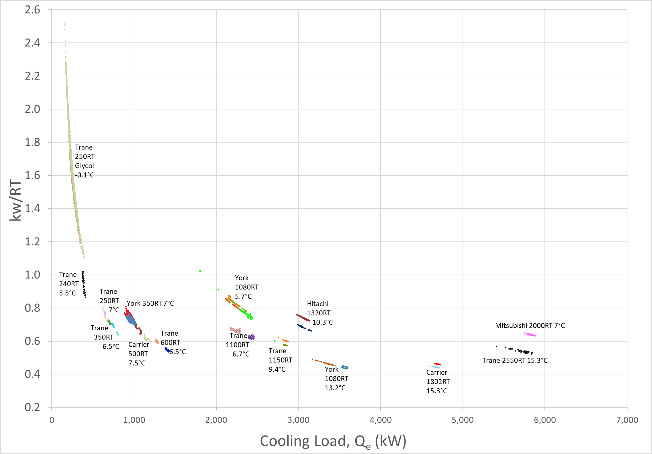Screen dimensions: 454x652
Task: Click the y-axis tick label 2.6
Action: (32, 10)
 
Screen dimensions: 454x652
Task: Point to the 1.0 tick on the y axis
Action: (32, 275)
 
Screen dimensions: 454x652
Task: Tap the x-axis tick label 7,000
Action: (627, 420)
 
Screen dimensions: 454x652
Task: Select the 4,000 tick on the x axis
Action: (380, 420)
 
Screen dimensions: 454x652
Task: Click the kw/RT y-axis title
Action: (16, 200)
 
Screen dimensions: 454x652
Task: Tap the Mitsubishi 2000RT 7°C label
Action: (530, 326)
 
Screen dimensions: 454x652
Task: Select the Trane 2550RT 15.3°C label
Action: (515, 360)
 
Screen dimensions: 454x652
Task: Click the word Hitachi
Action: (318, 304)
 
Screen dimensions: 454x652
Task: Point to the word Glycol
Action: (84, 166)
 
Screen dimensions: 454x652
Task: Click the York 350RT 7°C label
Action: (150, 303)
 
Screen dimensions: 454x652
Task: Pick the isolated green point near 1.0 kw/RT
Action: (200, 271)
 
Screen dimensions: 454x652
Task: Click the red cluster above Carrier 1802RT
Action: (437, 364)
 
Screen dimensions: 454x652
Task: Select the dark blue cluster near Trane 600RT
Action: (167, 350)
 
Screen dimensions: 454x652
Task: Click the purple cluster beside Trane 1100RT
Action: (252, 337)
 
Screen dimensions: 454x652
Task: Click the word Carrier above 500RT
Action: (139, 345)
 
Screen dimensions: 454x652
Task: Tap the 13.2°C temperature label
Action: (335, 388)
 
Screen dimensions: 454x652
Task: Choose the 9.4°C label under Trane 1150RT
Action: (277, 369)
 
